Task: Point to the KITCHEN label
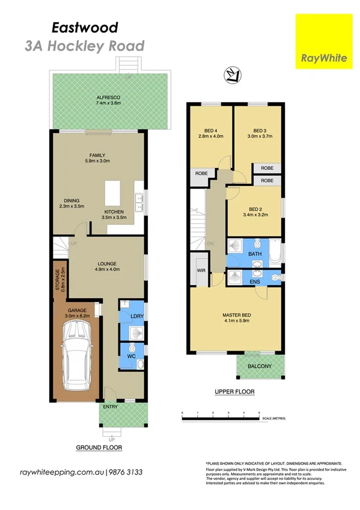point(114,212)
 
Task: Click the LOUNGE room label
point(106,263)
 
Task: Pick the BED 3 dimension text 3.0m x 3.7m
point(259,137)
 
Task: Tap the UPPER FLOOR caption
point(234,392)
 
